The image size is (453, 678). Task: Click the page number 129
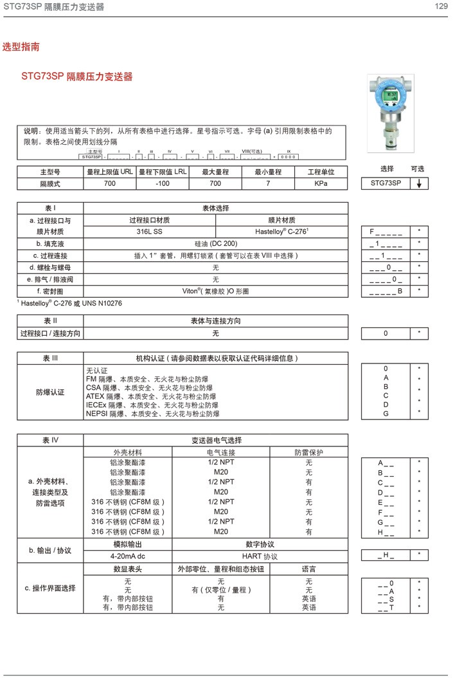point(441,6)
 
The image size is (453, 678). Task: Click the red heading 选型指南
point(21,47)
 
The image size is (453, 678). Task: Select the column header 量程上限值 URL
point(110,172)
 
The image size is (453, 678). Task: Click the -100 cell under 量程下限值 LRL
point(163,183)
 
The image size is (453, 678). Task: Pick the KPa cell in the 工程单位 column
point(321,183)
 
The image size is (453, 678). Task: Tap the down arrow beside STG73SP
point(419,183)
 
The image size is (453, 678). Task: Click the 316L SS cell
point(150,231)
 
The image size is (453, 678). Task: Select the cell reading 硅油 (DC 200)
point(216,243)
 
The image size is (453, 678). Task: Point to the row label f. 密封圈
point(50,291)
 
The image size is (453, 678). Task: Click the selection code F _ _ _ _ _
point(386,231)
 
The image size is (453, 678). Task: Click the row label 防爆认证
point(50,392)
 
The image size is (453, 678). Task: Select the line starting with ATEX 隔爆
point(152,397)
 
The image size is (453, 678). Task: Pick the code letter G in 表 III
point(386,414)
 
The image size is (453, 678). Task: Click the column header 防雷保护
point(308,452)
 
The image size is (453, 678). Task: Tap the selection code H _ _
point(386,532)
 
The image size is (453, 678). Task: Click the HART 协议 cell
point(260,556)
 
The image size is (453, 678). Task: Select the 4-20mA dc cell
point(128,556)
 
